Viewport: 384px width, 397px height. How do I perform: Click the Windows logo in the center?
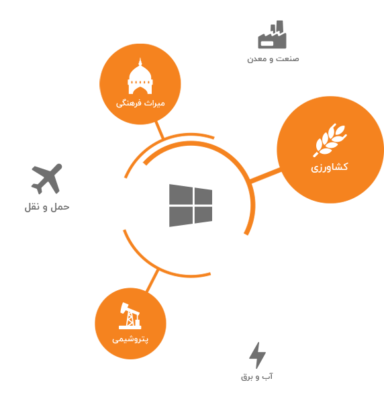pos(191,206)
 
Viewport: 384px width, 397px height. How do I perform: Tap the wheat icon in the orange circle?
pos(330,140)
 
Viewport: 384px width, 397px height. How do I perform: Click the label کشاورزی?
pos(330,167)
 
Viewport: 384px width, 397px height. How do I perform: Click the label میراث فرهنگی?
pos(140,103)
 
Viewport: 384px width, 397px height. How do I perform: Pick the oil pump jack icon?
pos(130,316)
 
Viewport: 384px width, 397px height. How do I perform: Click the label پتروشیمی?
pos(130,339)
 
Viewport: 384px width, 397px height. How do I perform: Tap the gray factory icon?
pos(272,34)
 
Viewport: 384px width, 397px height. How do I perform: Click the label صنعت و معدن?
pos(273,59)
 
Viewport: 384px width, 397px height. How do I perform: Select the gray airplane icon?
pos(47,179)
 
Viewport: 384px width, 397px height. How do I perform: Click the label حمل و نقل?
pos(47,207)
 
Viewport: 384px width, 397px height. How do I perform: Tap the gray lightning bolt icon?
pos(257,355)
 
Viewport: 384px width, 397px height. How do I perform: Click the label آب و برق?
pos(256,377)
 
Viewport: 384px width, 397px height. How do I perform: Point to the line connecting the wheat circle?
pos(265,175)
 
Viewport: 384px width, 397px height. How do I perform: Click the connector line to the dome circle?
pos(160,130)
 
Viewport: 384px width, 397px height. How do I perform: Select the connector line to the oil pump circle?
pos(152,281)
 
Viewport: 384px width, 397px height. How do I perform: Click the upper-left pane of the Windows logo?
pos(181,194)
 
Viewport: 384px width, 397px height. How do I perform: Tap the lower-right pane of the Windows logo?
pos(203,215)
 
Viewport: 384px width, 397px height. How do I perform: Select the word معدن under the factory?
pos(256,59)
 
